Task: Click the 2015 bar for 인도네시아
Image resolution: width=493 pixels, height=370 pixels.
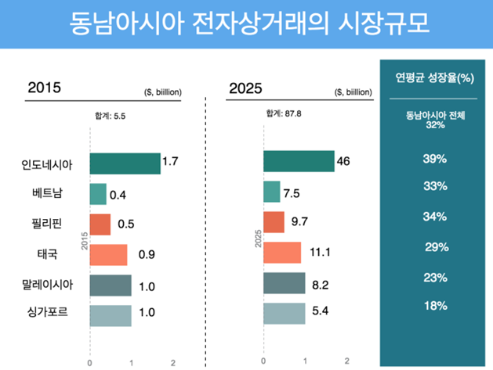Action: click(125, 163)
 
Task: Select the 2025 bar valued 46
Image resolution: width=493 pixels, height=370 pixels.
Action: click(299, 162)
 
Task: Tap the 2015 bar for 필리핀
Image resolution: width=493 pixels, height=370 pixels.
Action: click(100, 225)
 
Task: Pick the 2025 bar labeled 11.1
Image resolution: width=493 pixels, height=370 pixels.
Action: click(282, 253)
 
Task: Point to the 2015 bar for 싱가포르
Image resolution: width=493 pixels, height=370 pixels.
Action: click(111, 315)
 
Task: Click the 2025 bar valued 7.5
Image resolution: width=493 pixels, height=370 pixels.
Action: click(271, 192)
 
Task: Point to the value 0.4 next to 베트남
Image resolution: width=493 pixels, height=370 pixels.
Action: click(118, 194)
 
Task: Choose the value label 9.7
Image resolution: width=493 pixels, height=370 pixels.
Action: click(299, 222)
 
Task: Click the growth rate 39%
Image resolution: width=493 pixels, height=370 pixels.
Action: click(434, 160)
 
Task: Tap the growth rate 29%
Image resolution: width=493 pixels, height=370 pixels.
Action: click(436, 248)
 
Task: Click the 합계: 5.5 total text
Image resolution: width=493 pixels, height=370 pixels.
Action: click(109, 115)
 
